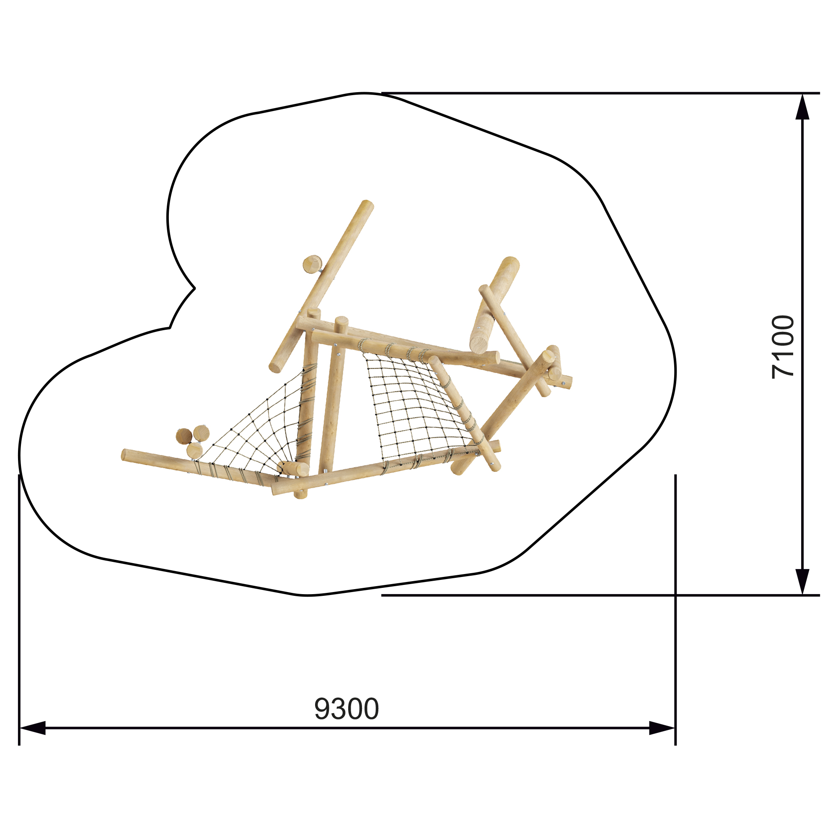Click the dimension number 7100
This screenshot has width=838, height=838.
click(x=783, y=347)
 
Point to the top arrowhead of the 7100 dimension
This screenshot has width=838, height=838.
click(x=802, y=106)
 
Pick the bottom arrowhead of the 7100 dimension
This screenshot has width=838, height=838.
click(x=802, y=582)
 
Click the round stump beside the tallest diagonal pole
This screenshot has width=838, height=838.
click(x=312, y=264)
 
